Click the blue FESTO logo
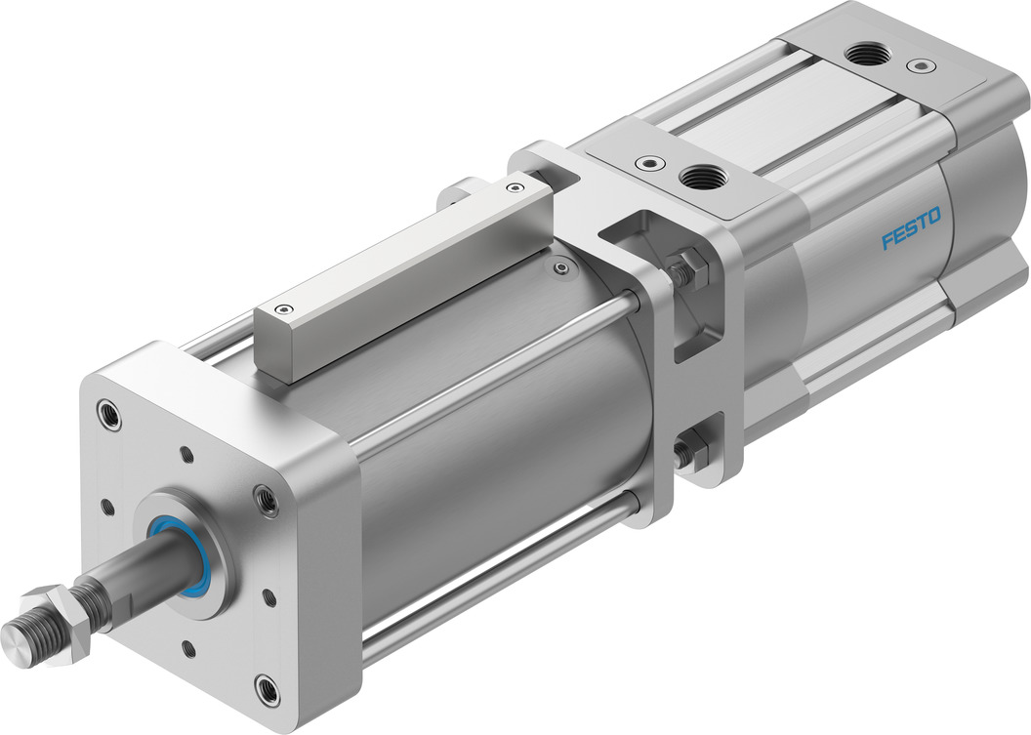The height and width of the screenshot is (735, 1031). [x=911, y=228]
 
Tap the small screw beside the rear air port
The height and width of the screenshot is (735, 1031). [x=916, y=66]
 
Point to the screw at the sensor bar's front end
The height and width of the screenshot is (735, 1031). [x=282, y=309]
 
